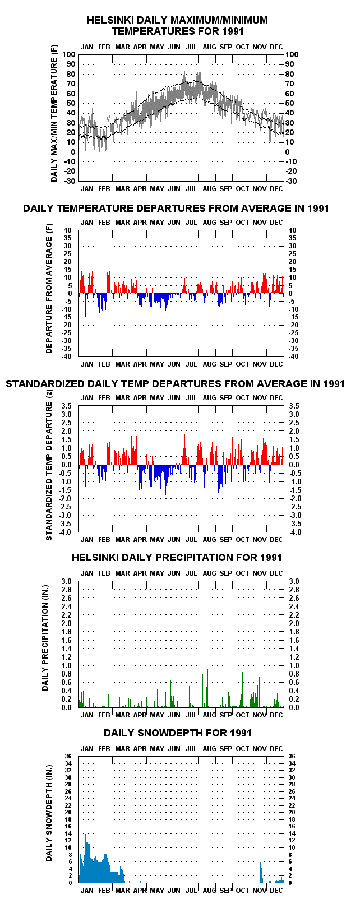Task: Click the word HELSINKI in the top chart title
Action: [110, 20]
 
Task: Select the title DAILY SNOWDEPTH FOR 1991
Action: [178, 733]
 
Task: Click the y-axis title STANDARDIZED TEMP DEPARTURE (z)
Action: [49, 470]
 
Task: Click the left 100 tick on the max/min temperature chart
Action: [69, 55]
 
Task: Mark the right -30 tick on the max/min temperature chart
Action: [292, 181]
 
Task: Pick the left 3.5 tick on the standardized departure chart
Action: [66, 406]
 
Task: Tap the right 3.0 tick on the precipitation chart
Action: [294, 581]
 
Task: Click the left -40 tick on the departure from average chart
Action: [67, 356]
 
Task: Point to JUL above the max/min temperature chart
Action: [191, 47]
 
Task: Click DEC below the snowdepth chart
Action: [276, 891]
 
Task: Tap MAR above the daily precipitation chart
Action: [122, 573]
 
